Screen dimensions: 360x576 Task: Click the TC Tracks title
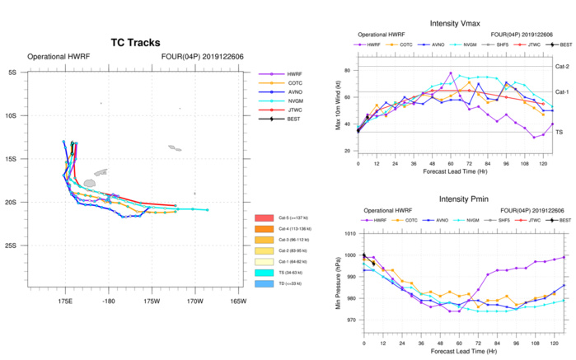pos(135,43)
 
